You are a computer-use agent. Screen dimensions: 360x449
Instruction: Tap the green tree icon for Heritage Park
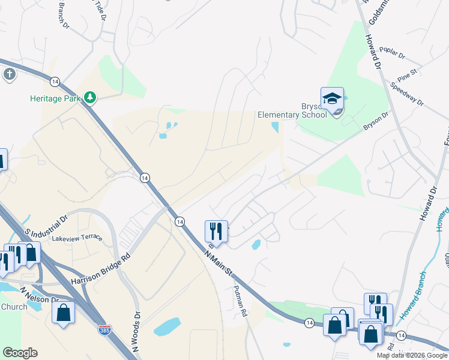coord(89,97)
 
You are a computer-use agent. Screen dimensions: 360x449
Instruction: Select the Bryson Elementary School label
coord(292,110)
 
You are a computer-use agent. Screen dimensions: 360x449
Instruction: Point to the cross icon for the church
coord(9,74)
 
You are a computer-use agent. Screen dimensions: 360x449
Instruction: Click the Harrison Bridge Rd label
coord(100,269)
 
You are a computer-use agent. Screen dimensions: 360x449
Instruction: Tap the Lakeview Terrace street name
coord(77,238)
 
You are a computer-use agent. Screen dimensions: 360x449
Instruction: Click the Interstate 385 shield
coord(104,329)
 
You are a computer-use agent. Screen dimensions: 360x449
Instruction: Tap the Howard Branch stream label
coord(414,295)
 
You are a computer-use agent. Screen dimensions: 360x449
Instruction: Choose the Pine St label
coord(407,75)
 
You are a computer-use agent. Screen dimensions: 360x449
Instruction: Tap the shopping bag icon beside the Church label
coord(63,312)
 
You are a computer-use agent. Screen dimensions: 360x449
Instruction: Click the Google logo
coord(20,353)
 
